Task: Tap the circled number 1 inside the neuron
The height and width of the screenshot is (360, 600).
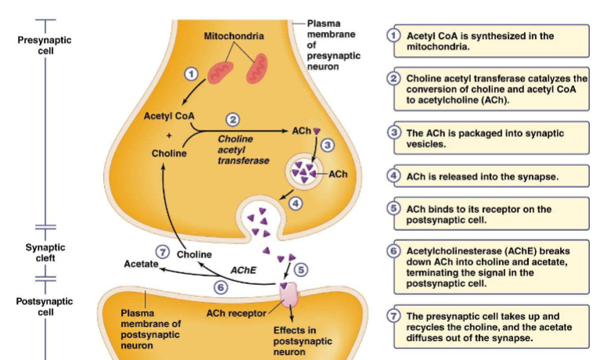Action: pos(190,73)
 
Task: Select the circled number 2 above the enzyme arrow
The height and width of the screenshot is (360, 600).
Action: pos(232,120)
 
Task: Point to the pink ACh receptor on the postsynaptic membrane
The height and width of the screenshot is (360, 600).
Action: pos(289,295)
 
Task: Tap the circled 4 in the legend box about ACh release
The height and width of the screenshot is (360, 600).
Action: pos(395,176)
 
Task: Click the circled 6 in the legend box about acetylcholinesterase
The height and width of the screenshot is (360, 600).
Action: pos(395,250)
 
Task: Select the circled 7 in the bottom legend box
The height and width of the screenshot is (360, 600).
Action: pos(395,316)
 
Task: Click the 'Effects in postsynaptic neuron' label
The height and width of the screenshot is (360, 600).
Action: pos(302,341)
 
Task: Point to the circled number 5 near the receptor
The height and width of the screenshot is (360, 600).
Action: pos(301,268)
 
